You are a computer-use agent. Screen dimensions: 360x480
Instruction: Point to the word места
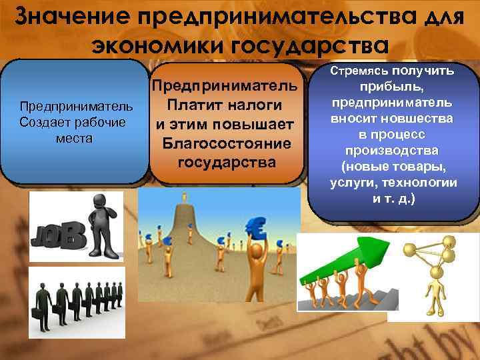pyautogui.click(x=75, y=139)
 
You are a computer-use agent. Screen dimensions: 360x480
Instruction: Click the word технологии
pyautogui.click(x=425, y=183)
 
